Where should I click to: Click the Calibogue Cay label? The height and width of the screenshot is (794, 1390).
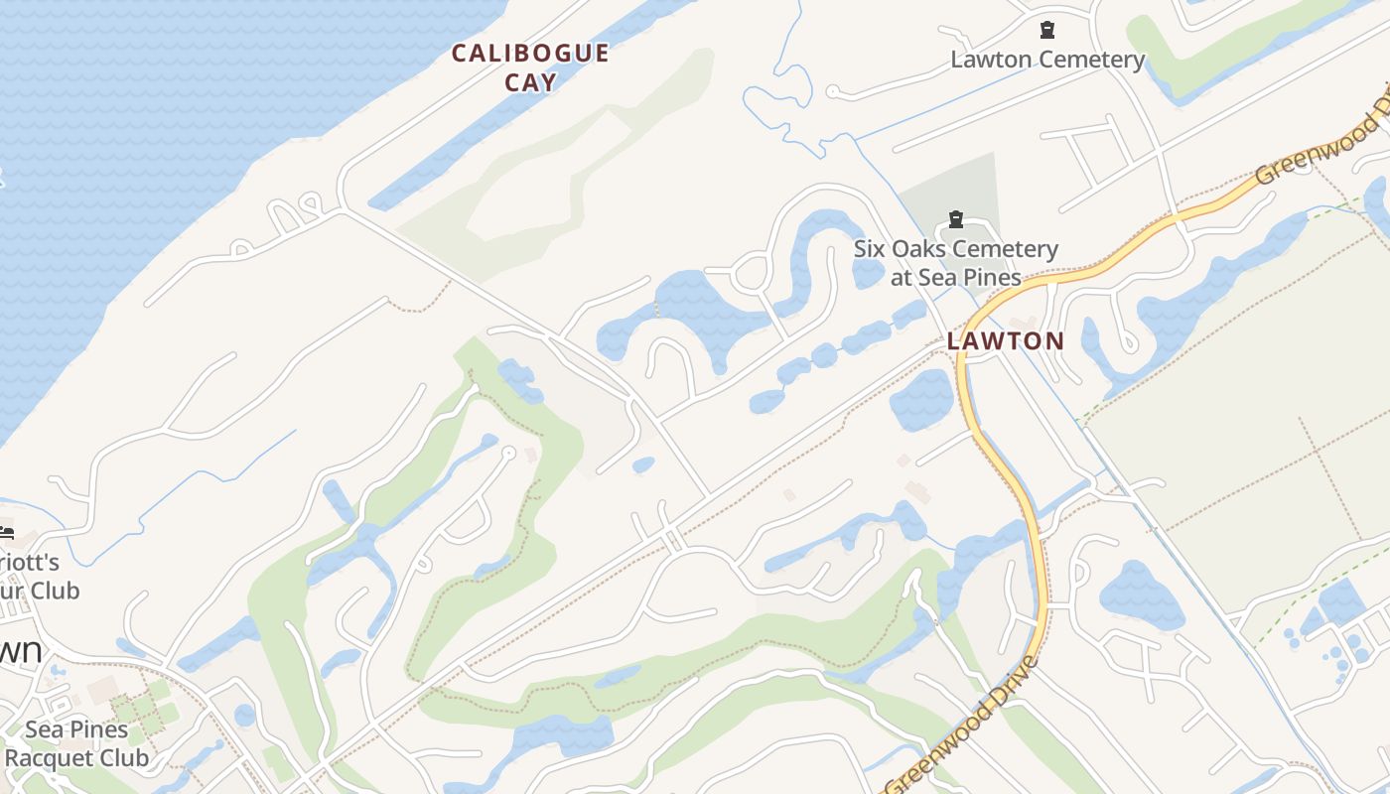[x=530, y=66]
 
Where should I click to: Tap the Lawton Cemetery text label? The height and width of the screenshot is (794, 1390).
[x=1047, y=60]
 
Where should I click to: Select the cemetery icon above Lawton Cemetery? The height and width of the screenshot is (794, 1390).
[x=1047, y=30]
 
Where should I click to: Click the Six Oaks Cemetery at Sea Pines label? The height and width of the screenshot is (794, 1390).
[x=956, y=263]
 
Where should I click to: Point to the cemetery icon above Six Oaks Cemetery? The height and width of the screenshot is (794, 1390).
[x=956, y=218]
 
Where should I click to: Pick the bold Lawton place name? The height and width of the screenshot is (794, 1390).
[x=1005, y=341]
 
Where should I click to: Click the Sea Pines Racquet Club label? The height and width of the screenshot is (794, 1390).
[x=76, y=744]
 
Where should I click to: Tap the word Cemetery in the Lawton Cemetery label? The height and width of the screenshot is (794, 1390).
[x=1091, y=60]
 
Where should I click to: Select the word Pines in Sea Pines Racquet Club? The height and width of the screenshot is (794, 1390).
[x=97, y=729]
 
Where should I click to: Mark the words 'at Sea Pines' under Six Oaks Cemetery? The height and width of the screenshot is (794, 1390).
[x=956, y=277]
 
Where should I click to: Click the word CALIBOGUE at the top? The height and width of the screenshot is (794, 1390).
[x=530, y=53]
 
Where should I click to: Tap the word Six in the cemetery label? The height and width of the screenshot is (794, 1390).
[x=871, y=249]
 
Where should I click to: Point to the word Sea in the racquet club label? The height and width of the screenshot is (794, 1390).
[x=44, y=729]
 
